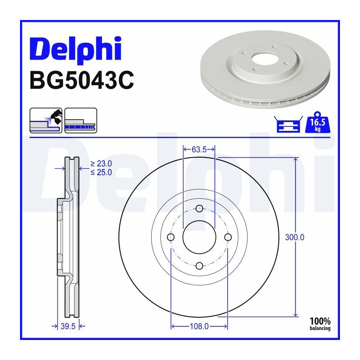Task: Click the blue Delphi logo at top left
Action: click(75, 50)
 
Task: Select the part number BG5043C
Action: click(82, 80)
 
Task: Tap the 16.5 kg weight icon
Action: click(318, 122)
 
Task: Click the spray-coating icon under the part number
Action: click(46, 120)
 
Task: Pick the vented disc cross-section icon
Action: click(81, 120)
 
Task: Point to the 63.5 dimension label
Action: click(199, 150)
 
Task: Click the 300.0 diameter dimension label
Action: click(294, 237)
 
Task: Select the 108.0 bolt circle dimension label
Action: click(199, 326)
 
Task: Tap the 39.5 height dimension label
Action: click(68, 326)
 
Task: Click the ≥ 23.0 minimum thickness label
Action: click(101, 164)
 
